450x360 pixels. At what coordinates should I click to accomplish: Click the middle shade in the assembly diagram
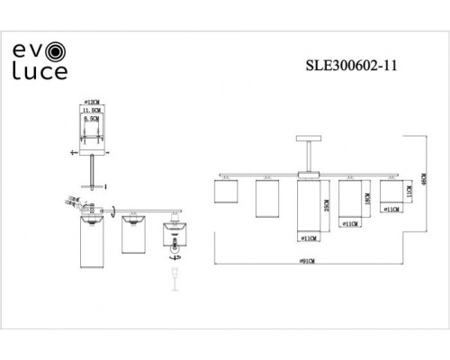point(133,236)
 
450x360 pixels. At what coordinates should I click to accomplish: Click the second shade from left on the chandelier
point(265,198)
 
